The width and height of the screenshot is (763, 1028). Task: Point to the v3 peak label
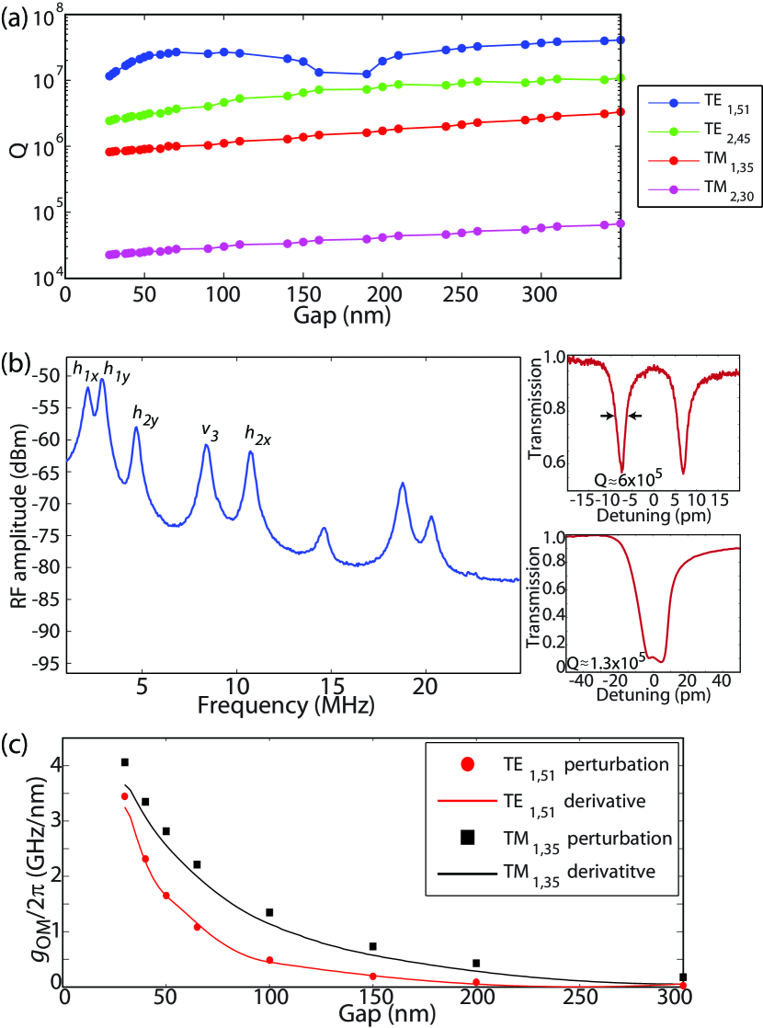211,431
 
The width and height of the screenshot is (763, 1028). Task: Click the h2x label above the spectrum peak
257,432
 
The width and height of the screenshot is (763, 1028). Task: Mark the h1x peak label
86,371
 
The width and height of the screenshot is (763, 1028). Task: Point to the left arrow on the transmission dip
606,416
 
